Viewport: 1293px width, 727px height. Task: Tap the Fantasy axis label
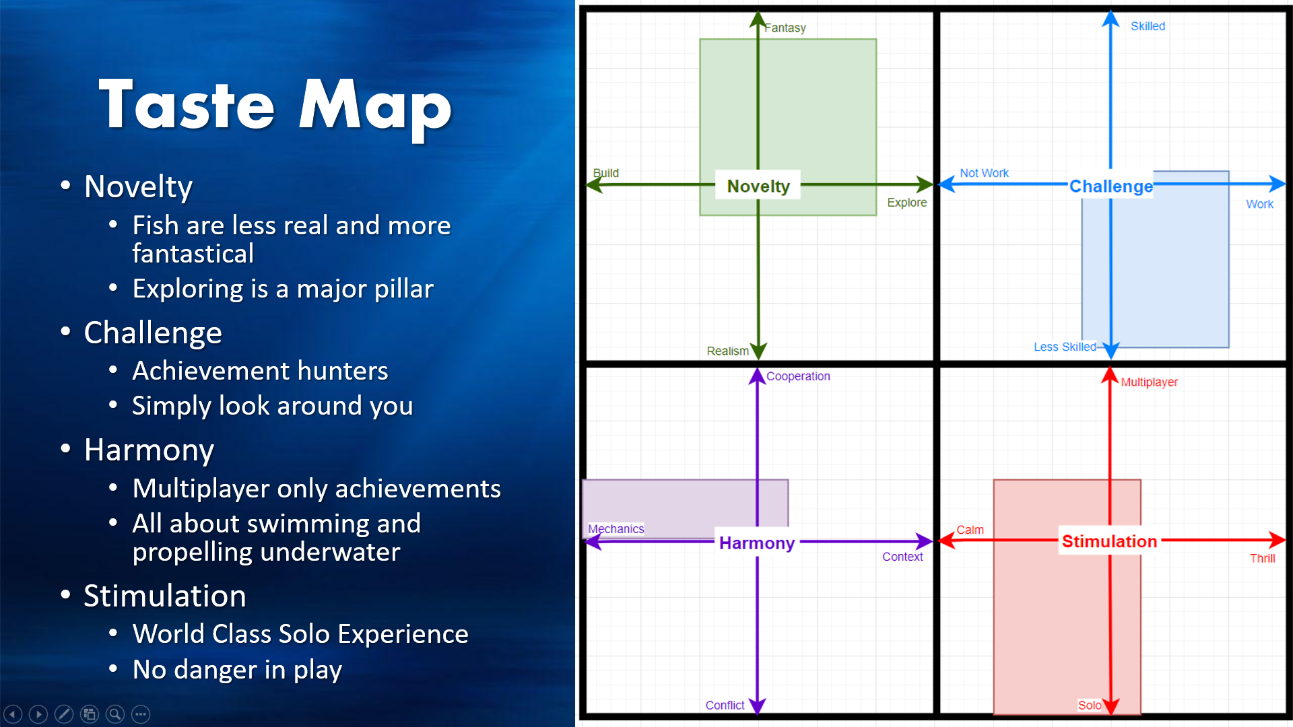785,28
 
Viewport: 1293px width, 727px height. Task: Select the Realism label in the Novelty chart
727,351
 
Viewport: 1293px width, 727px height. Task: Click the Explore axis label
906,203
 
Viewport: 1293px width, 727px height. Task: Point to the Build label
605,173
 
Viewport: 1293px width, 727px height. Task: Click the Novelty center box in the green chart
758,185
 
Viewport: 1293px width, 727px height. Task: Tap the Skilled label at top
1148,26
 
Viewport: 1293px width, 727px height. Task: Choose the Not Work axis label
984,173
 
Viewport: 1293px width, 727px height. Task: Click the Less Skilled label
1065,347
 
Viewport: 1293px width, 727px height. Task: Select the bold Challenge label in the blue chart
1111,186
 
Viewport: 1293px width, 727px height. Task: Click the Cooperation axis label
798,376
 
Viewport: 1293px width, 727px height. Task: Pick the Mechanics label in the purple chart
616,529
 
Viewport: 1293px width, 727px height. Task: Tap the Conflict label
725,705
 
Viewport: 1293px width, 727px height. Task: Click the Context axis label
902,557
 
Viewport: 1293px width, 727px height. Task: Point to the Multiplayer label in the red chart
1150,382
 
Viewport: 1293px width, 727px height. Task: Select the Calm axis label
970,530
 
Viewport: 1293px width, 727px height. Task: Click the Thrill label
1262,558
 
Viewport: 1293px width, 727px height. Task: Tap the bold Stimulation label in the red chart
1110,541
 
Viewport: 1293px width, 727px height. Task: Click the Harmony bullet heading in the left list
149,450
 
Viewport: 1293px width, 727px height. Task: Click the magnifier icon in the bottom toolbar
115,714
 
